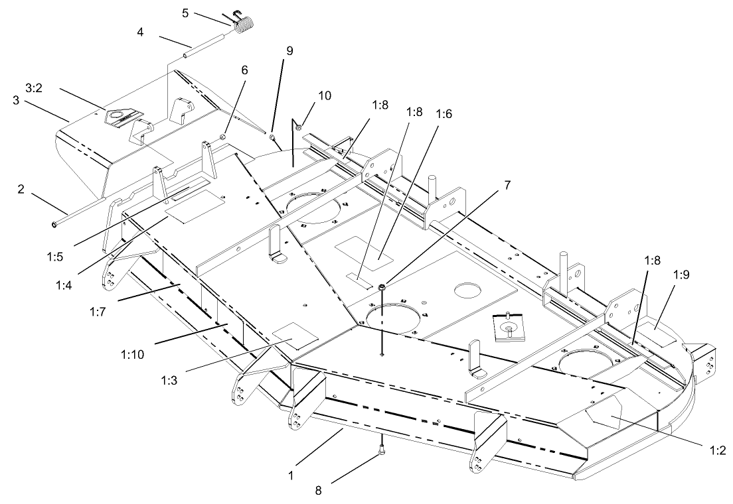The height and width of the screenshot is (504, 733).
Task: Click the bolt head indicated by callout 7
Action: (383, 286)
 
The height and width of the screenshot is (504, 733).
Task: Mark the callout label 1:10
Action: (132, 355)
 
